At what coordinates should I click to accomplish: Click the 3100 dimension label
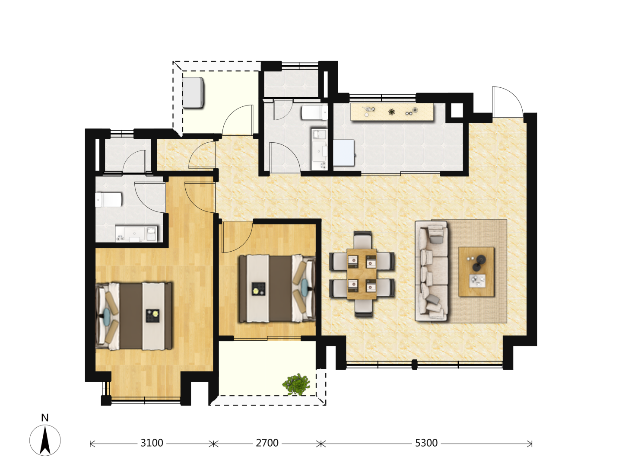click(152, 443)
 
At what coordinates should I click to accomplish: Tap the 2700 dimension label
click(267, 443)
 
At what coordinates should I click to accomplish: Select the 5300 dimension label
click(426, 443)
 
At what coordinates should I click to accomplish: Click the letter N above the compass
click(45, 418)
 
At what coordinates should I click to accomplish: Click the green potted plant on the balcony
click(296, 384)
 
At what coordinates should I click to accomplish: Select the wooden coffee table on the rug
click(476, 272)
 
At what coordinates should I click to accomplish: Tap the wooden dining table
click(362, 274)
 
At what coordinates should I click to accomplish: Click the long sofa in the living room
click(431, 271)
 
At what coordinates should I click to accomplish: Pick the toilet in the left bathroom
click(108, 200)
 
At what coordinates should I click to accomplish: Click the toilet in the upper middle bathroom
click(314, 112)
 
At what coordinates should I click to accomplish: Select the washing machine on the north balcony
click(193, 93)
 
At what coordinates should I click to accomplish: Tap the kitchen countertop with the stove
click(392, 112)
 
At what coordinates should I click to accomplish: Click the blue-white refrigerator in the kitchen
click(343, 153)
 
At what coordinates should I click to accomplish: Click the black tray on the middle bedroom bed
click(258, 289)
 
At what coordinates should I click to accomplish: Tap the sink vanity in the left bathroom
click(136, 234)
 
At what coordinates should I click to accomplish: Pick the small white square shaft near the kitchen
click(457, 110)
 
